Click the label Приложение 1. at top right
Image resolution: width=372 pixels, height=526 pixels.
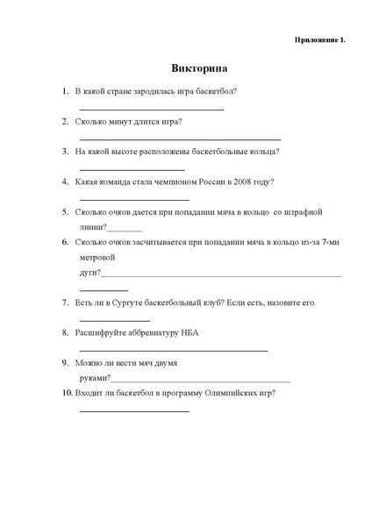[x=319, y=39]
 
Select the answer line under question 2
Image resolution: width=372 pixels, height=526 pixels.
[x=180, y=139]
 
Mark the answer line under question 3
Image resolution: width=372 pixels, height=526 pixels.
[x=132, y=169]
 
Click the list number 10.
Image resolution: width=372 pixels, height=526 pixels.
[x=68, y=394]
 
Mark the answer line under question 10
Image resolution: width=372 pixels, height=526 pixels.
[x=134, y=411]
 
